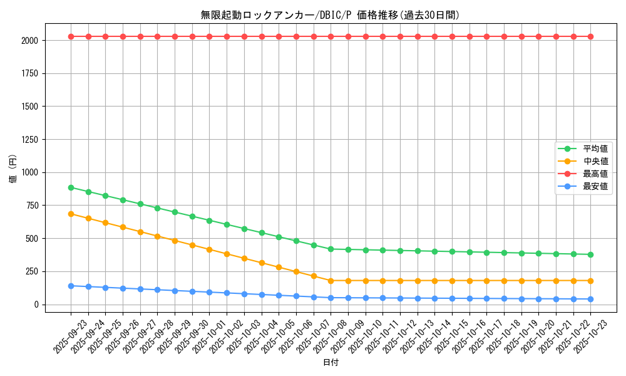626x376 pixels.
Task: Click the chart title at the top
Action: tap(331, 15)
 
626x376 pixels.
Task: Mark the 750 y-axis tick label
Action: tap(31, 206)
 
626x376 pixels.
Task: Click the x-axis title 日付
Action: tap(331, 363)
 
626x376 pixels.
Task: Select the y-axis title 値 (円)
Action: tap(13, 169)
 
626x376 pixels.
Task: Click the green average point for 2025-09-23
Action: tap(71, 187)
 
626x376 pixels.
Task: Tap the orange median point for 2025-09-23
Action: tap(71, 214)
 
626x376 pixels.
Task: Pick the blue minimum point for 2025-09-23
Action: tap(71, 286)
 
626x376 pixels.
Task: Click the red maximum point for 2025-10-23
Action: tap(590, 36)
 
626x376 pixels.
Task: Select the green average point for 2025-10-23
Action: tap(590, 254)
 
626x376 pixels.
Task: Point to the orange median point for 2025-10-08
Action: tap(331, 281)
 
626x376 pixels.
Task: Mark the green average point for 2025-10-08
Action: tap(331, 249)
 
